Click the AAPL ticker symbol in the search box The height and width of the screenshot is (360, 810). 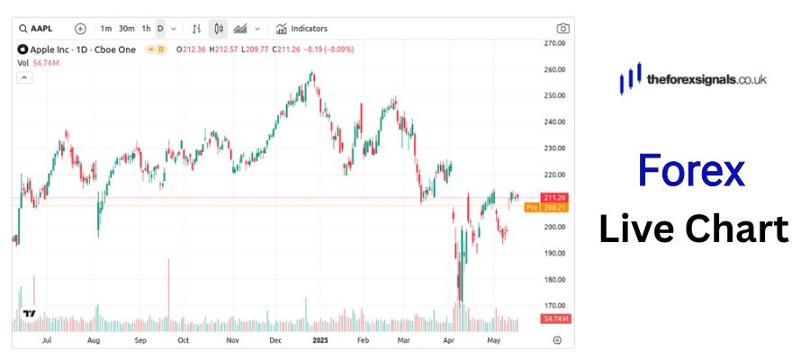(41, 29)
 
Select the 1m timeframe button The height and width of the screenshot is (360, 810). (106, 29)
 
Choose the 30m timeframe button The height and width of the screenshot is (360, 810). (127, 29)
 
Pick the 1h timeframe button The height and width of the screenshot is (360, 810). (146, 29)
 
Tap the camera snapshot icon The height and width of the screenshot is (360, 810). (562, 29)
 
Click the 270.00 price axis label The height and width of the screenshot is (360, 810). (553, 43)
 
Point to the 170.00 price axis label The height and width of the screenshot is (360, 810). (553, 306)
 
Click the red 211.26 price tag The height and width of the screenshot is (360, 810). (554, 197)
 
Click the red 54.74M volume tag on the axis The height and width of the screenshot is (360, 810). (554, 319)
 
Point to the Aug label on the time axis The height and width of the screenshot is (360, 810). (94, 341)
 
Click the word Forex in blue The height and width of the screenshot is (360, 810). (691, 171)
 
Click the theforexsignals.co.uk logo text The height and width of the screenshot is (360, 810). (706, 80)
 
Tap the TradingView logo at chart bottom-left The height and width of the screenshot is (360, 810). (29, 314)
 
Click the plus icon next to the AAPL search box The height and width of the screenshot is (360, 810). (80, 29)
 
